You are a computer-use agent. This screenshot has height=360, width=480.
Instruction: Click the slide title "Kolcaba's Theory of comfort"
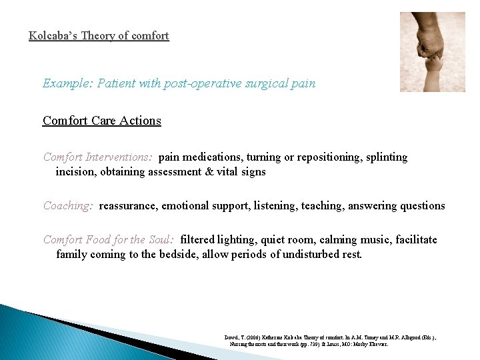coord(99,35)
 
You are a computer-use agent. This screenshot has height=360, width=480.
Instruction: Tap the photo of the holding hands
coord(432,52)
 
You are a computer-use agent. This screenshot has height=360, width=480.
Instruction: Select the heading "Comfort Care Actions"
coord(102,121)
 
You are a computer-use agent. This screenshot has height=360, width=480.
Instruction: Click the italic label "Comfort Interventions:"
coord(98,157)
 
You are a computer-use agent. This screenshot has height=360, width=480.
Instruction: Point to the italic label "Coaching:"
coord(68,206)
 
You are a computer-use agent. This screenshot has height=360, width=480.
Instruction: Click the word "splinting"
coord(383,157)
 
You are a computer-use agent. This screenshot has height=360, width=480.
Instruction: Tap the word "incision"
coord(76,172)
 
